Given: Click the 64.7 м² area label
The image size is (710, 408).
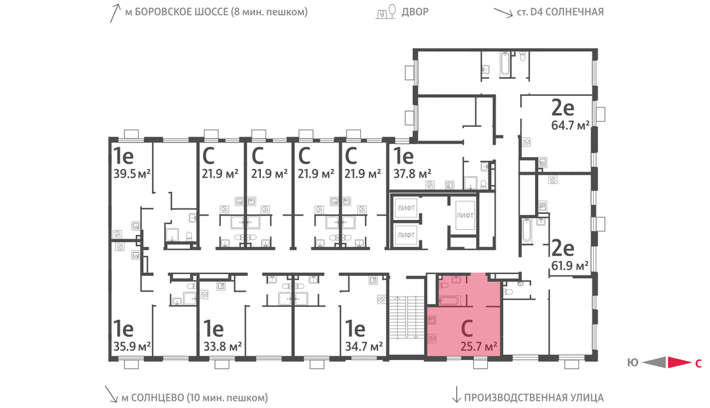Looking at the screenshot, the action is (570, 125).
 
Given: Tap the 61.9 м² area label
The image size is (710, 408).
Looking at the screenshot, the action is (569, 265).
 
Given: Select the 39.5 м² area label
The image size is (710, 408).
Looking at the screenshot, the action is (131, 173).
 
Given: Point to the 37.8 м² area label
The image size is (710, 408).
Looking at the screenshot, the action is (412, 173).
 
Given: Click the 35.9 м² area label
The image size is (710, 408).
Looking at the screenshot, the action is (131, 347).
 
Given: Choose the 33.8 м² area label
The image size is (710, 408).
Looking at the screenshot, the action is (222, 347).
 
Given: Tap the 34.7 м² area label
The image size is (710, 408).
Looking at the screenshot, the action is (364, 347).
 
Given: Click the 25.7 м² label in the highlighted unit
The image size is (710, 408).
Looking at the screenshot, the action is (479, 347).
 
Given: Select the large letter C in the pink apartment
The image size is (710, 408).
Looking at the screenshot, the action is (467, 329).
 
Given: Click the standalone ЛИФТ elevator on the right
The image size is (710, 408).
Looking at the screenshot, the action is (465, 215).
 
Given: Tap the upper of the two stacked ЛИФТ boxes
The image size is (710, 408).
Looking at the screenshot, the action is (406, 208).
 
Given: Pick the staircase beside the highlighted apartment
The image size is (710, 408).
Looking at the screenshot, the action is (406, 317).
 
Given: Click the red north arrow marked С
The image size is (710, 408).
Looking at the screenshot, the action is (679, 362).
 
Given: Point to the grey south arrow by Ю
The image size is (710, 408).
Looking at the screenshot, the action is (654, 362).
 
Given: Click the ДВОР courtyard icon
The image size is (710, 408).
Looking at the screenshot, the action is (387, 11).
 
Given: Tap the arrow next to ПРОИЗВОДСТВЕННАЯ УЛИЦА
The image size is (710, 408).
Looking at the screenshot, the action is (456, 395).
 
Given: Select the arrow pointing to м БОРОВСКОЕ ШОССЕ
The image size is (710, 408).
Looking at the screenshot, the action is (115, 13).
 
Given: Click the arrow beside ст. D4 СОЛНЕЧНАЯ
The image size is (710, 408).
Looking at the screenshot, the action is (503, 12).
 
